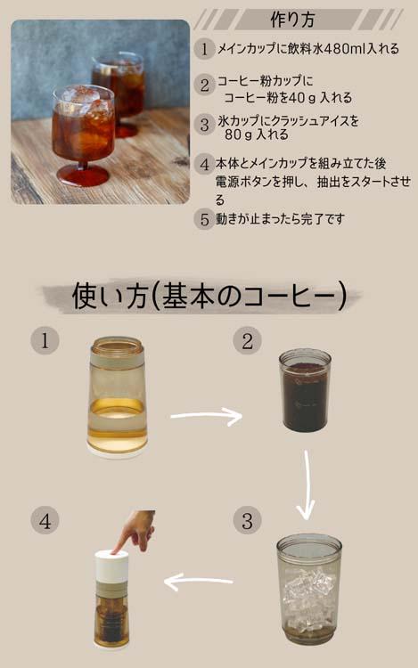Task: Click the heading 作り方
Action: [292, 20]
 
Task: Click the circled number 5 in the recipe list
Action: [204, 219]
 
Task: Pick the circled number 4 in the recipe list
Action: [204, 165]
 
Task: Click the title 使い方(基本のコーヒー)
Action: [209, 297]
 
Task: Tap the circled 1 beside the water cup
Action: [45, 340]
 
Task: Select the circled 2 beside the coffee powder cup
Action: [247, 341]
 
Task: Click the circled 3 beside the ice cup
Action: [247, 520]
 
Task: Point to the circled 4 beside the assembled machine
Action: [45, 520]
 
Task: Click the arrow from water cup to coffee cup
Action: [206, 416]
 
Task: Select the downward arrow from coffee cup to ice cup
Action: [306, 485]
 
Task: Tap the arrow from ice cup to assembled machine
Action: [199, 582]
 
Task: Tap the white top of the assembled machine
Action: [111, 565]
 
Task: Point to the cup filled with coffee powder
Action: [306, 390]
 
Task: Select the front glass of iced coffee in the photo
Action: [83, 135]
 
